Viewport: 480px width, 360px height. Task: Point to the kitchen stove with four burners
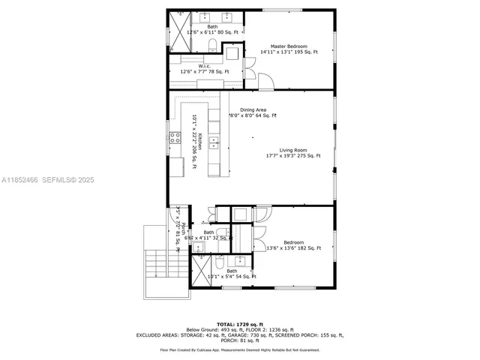[174, 137]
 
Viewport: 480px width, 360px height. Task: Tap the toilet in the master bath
[213, 48]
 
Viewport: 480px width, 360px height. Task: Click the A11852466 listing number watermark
[20, 180]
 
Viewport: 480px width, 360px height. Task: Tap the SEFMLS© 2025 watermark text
[71, 180]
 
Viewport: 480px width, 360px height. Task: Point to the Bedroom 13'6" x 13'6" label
[293, 245]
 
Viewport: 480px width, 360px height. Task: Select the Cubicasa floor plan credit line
[239, 349]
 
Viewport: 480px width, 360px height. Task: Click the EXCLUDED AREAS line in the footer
[239, 335]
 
